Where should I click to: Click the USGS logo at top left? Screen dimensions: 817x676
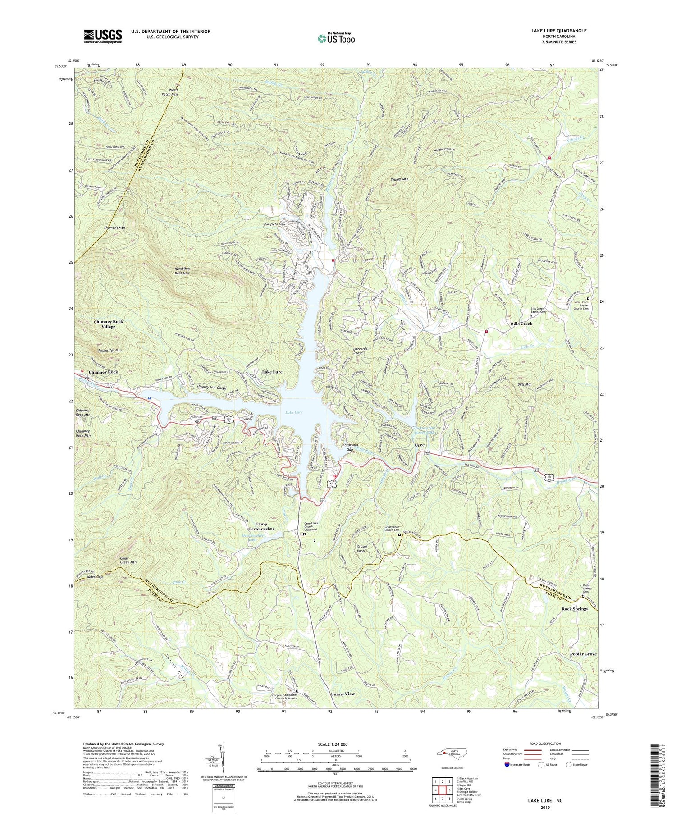pyautogui.click(x=103, y=36)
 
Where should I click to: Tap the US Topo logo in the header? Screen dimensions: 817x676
pyautogui.click(x=336, y=39)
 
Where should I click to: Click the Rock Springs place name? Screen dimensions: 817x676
pyautogui.click(x=575, y=609)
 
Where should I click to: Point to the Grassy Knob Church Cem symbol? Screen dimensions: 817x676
pyautogui.click(x=399, y=535)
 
